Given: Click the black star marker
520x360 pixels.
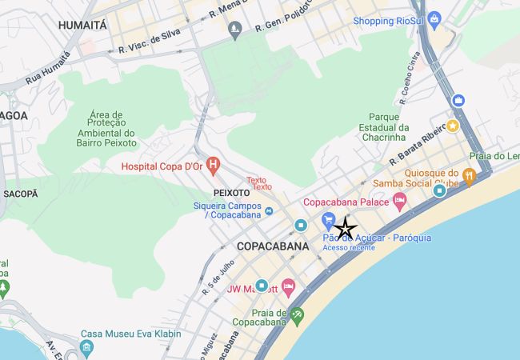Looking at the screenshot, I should tap(345, 229).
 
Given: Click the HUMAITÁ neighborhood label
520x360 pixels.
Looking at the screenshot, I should tap(83, 26).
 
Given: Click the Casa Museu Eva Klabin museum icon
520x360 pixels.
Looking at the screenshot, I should tap(86, 348).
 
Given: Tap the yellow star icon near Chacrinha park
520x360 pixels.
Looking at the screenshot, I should tap(453, 126).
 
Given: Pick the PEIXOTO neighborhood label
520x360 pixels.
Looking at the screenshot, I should tap(233, 193).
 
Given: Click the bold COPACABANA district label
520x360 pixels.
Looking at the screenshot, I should tap(273, 246).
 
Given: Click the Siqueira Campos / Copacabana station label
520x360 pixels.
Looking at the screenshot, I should tap(227, 210).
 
